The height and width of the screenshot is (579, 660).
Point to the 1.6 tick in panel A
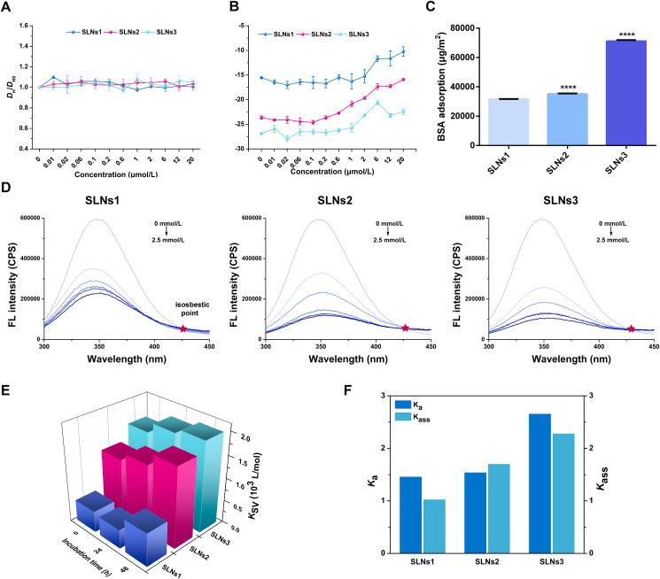coord(19,25)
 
